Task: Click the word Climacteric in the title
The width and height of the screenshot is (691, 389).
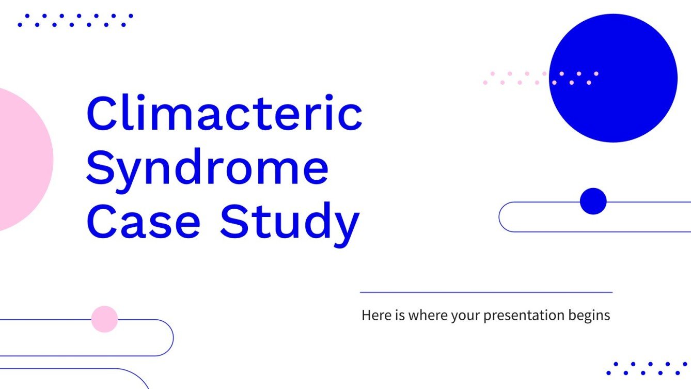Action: tap(224, 113)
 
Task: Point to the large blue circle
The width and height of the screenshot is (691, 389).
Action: tap(613, 78)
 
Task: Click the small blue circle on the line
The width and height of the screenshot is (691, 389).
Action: tap(593, 201)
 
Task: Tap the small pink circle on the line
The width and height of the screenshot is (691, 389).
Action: tap(104, 319)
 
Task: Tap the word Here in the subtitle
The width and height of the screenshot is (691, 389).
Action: tap(373, 315)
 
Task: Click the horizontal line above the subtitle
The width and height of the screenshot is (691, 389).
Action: tap(485, 292)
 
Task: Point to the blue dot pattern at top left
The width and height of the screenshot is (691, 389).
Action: tap(75, 20)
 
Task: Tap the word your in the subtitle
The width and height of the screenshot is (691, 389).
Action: tap(464, 316)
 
